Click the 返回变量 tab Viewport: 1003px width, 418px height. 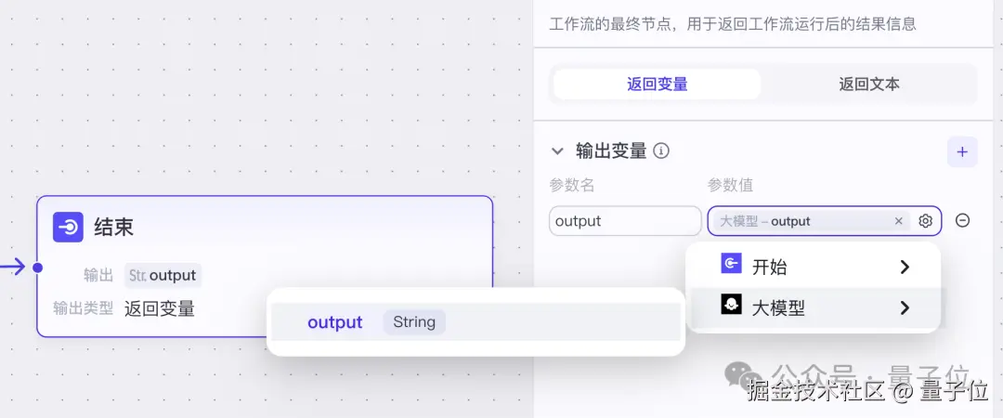657,85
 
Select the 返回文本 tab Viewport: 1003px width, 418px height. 869,85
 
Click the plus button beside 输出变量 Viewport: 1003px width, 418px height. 962,151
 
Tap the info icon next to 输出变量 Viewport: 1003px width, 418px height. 661,151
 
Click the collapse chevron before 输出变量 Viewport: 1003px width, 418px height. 557,150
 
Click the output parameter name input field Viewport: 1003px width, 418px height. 624,221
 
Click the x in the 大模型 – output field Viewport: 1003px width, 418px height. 898,221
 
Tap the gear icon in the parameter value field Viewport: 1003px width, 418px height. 925,221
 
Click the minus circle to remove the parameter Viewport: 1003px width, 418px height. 963,221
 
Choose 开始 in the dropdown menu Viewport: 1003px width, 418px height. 768,268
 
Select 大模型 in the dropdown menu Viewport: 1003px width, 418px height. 777,308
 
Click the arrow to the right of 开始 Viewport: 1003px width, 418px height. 905,268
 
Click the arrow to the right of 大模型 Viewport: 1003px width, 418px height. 905,308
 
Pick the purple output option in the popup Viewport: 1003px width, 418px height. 334,322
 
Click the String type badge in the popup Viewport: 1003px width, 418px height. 414,322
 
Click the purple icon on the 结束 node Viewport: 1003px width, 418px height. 68,227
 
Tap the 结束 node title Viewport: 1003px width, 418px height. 114,227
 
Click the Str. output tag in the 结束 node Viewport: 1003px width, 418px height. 163,275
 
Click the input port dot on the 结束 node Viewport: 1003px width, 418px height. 37,268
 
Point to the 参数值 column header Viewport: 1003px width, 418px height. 729,185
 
